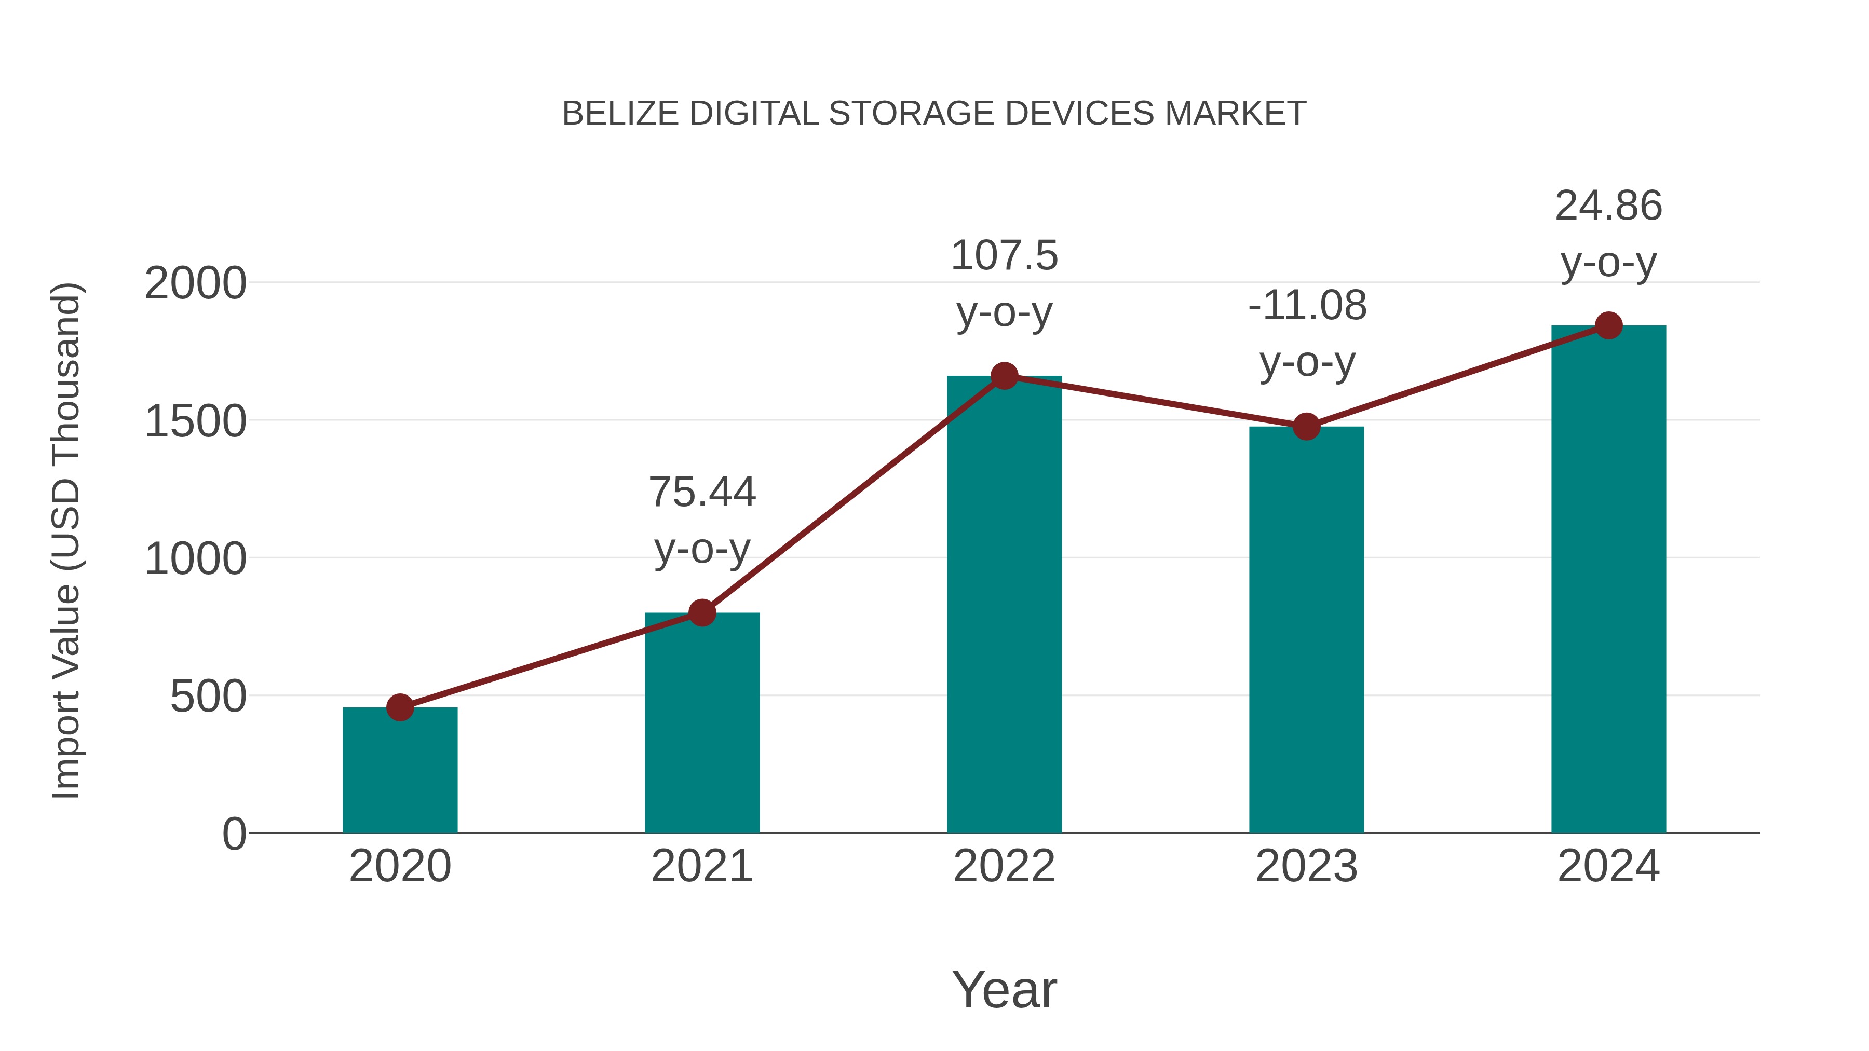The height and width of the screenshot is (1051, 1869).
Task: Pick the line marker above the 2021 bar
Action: point(701,613)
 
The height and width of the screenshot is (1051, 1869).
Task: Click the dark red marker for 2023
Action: point(1306,427)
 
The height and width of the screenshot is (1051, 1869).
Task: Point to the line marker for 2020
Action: point(400,707)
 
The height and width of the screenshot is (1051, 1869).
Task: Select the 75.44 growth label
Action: point(701,493)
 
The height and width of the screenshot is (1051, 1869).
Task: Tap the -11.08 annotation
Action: point(1307,305)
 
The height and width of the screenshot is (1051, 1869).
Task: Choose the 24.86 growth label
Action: point(1608,206)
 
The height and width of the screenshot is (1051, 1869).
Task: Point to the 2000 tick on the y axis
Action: point(195,283)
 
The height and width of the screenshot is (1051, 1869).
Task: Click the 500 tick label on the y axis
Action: point(208,697)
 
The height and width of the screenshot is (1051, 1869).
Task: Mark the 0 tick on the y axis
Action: point(234,834)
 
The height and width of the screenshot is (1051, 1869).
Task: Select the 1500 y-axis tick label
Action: point(195,421)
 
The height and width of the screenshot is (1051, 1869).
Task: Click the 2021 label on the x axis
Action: point(701,867)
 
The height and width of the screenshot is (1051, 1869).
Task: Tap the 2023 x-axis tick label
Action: point(1306,867)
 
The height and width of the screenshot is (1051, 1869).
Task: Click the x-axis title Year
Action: point(1004,990)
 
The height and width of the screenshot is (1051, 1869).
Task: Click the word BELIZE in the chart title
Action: point(620,114)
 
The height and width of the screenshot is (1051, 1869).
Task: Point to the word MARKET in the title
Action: point(1236,114)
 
